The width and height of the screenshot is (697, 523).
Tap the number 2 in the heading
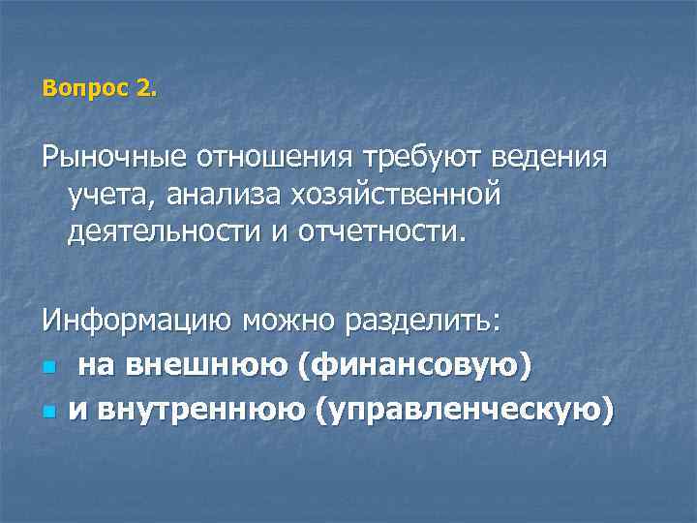click(x=144, y=89)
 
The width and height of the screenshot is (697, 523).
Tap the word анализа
click(x=214, y=197)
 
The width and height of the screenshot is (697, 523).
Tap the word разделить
click(x=426, y=321)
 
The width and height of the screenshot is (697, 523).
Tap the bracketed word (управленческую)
click(x=465, y=411)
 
